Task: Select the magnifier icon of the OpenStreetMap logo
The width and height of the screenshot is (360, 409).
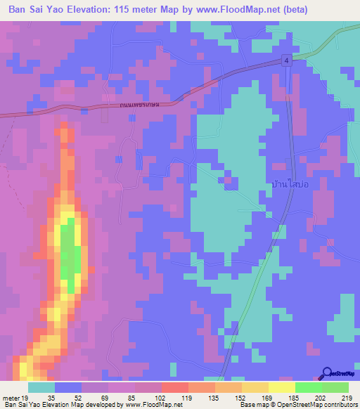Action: [x=328, y=373]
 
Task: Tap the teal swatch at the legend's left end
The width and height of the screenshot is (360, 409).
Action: [x=41, y=387]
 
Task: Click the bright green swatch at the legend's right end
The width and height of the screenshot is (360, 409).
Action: [x=335, y=387]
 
